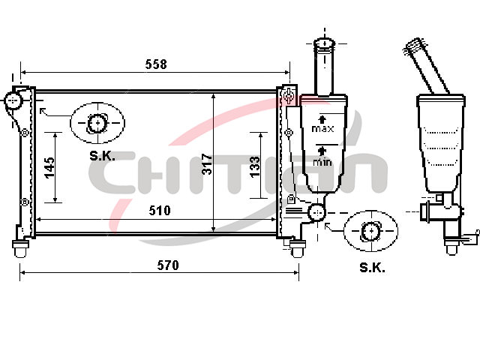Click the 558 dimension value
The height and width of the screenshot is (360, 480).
point(156,64)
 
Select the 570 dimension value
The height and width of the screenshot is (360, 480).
point(168,265)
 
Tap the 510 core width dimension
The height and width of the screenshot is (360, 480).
point(160,211)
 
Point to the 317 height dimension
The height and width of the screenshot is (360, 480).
point(207,164)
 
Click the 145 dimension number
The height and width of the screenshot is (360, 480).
point(49,168)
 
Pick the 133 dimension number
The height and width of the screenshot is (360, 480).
point(255,167)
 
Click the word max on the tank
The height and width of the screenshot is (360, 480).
point(322,129)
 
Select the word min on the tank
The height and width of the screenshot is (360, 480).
point(322,162)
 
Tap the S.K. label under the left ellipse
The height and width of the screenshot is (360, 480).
point(102,156)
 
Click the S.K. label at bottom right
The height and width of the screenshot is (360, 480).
point(372,268)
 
